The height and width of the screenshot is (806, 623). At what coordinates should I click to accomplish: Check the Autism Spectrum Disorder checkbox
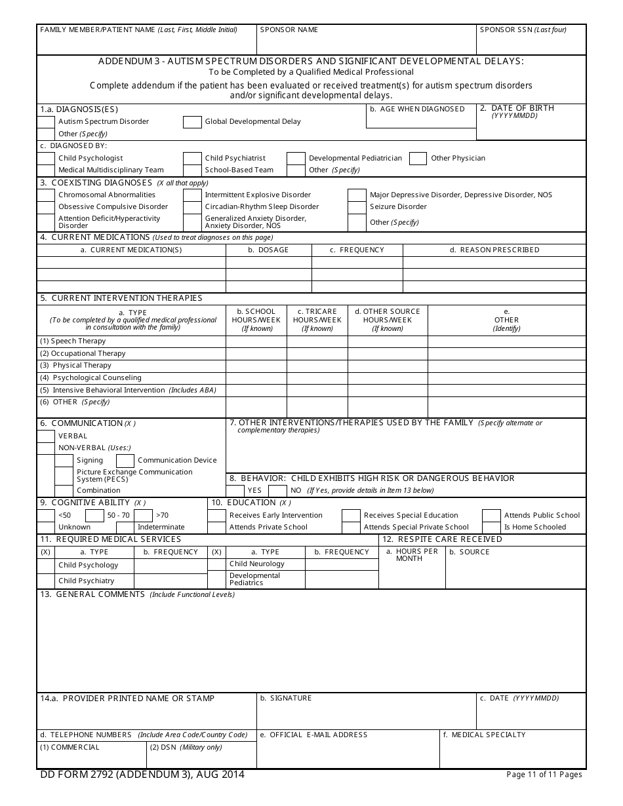[x=46, y=122]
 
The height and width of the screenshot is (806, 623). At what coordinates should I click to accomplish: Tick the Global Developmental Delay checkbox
[x=192, y=122]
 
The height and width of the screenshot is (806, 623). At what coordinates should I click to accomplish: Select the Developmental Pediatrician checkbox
[x=296, y=158]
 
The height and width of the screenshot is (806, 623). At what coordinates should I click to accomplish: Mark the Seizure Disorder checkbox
[x=357, y=207]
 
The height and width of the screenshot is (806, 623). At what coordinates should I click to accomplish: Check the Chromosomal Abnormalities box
[x=46, y=195]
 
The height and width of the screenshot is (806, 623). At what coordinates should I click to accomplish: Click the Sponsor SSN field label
[x=523, y=29]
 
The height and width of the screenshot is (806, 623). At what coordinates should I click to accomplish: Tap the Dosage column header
[x=268, y=250]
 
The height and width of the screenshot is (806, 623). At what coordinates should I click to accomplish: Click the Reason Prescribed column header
[x=494, y=250]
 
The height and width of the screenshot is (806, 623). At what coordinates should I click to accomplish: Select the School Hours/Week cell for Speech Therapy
[x=256, y=341]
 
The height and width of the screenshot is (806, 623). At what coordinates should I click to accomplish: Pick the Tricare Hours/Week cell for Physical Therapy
[x=317, y=366]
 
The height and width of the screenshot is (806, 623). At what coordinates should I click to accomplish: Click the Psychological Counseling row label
[x=96, y=377]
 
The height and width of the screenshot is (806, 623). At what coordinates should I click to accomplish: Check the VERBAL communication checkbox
[x=46, y=436]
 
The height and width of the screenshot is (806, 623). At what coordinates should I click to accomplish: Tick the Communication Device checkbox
[x=125, y=461]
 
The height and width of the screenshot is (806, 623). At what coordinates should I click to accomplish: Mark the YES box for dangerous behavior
[x=235, y=490]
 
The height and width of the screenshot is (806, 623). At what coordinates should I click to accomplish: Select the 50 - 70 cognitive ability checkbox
[x=94, y=515]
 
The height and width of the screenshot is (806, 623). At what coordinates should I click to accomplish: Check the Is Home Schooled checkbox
[x=491, y=527]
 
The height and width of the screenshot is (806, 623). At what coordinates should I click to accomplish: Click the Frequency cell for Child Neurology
[x=342, y=564]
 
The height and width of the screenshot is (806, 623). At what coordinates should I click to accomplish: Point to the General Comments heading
[x=100, y=594]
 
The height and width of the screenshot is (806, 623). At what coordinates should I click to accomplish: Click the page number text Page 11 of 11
[x=544, y=775]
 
